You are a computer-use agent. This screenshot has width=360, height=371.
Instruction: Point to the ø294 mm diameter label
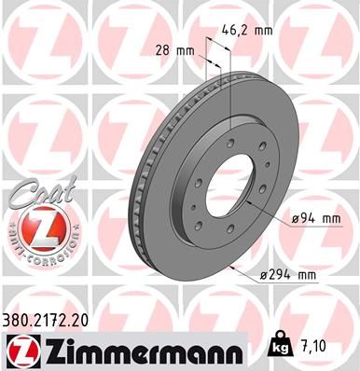point(289,274)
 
